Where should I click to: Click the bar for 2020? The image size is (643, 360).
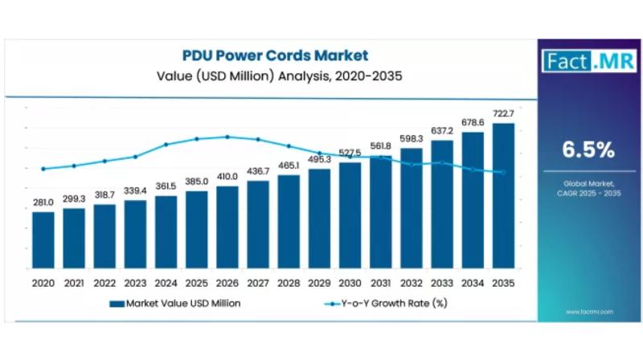coord(43,241)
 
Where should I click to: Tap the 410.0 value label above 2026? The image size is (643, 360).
coord(227,177)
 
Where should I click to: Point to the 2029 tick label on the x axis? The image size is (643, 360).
coord(319,283)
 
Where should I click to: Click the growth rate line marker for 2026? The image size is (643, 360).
coord(227,137)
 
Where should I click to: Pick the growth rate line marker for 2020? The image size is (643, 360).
coord(43,169)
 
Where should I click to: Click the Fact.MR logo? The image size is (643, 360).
coord(578,60)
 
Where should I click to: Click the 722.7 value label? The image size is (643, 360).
coord(503,114)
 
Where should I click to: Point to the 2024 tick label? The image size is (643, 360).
coord(166,283)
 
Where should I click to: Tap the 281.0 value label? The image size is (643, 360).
coord(43,202)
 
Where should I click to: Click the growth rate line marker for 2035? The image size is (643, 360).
coord(503,172)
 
